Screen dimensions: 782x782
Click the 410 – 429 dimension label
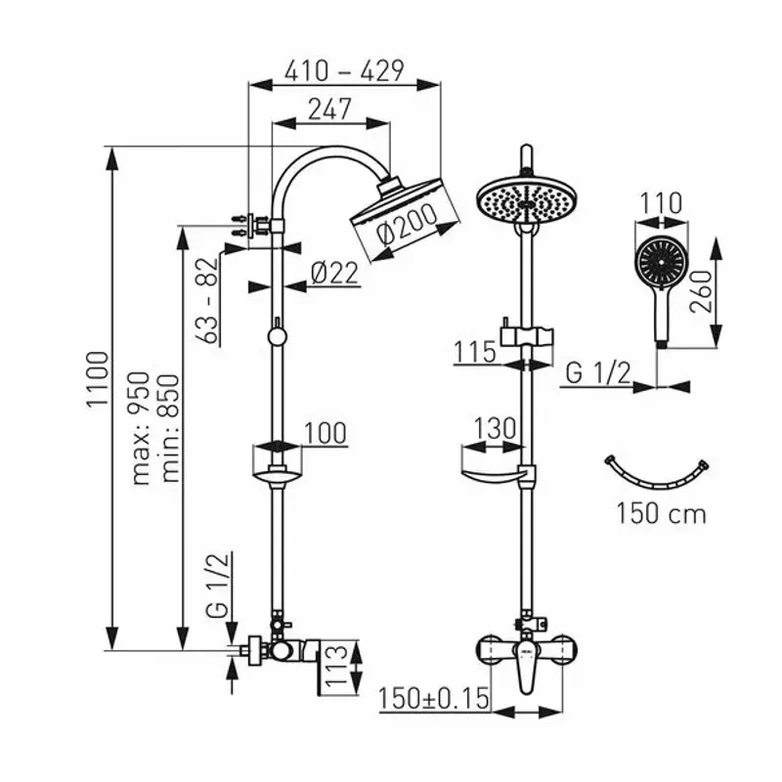coord(343,70)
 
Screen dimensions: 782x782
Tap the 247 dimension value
coord(329,109)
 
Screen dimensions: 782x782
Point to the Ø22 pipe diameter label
coord(335,275)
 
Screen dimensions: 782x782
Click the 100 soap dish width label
coord(325,433)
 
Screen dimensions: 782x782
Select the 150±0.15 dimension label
coord(433,700)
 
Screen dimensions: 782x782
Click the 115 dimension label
coord(476,351)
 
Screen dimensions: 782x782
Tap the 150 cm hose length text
coord(661,512)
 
